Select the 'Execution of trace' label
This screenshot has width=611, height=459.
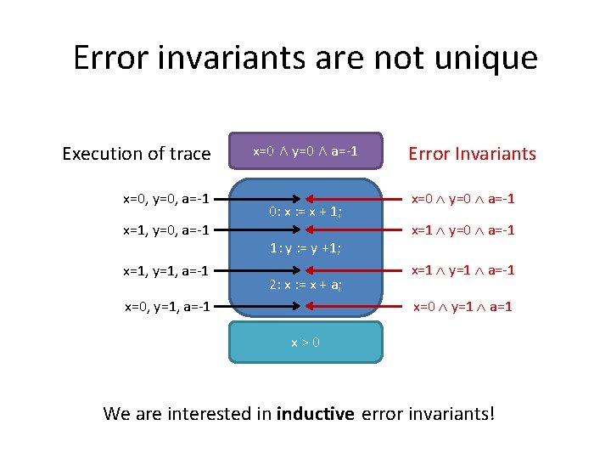(136, 154)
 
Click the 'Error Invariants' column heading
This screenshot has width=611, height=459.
(472, 154)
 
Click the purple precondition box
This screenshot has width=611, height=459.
(305, 151)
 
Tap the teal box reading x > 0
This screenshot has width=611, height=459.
(305, 342)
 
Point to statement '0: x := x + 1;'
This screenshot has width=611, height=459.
(305, 212)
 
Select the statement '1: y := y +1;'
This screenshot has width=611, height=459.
(305, 248)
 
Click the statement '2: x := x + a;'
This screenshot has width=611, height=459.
(305, 285)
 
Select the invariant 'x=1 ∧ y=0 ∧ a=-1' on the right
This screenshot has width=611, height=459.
(463, 230)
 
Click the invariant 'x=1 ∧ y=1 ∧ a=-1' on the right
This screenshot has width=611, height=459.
(463, 270)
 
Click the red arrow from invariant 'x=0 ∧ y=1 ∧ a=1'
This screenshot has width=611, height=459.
(356, 306)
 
